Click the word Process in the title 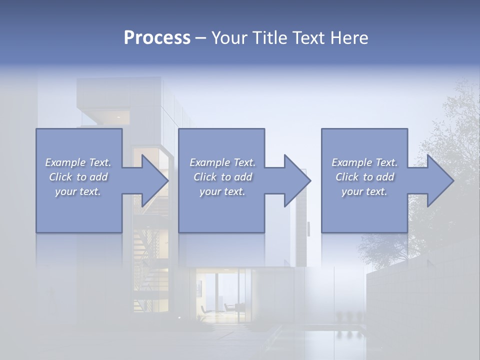tap(157, 38)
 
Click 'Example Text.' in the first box tap(78, 162)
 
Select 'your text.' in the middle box tap(222, 191)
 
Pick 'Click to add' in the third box tap(365, 177)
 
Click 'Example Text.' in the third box tap(364, 162)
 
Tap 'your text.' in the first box tap(78, 191)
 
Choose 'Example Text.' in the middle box tap(222, 162)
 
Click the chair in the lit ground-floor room tap(230, 306)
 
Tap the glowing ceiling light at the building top tap(118, 117)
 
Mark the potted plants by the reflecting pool tap(348, 316)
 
